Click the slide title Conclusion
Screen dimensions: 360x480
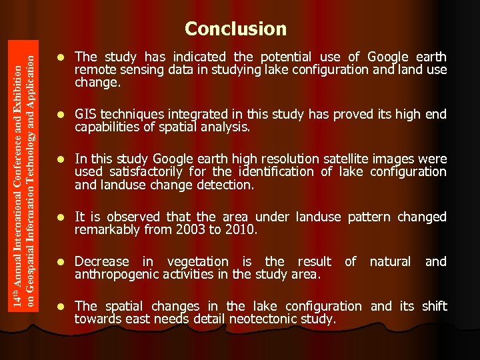click(235, 29)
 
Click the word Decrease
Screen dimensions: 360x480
click(102, 261)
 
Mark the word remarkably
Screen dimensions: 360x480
click(110, 229)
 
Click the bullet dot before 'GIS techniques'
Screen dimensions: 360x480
click(61, 115)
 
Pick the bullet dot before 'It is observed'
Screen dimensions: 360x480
click(61, 217)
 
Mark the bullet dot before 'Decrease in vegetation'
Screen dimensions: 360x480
click(61, 262)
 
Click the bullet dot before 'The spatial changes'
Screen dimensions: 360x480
click(61, 307)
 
